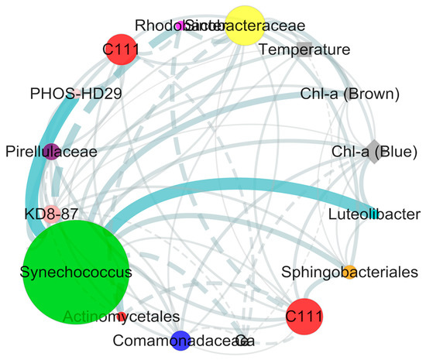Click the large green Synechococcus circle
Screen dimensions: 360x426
point(75,272)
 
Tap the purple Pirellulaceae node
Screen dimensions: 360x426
point(50,152)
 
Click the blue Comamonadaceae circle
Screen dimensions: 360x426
point(180,339)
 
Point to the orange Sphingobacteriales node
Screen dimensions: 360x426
point(349,271)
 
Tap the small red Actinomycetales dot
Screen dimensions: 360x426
point(121,316)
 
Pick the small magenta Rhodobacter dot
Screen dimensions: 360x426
point(180,26)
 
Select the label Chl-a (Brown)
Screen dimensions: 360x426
point(349,94)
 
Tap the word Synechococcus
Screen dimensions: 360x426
point(76,273)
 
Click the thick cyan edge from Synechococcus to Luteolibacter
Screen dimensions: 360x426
point(232,187)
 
